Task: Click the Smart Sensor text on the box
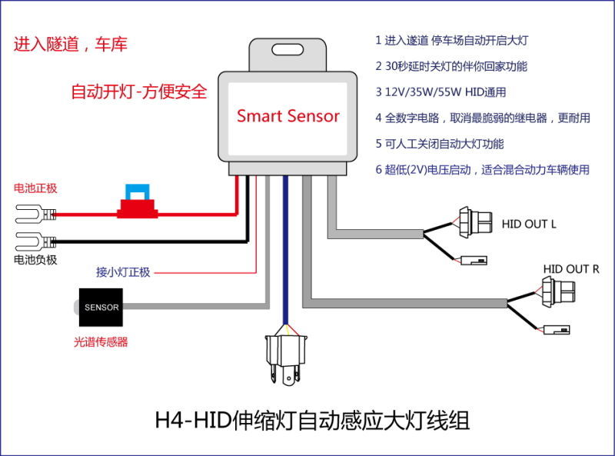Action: click(x=288, y=116)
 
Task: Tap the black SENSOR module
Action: click(x=101, y=307)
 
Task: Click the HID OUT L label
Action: click(x=528, y=224)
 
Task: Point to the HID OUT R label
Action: click(x=571, y=268)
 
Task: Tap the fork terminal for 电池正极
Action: click(x=30, y=215)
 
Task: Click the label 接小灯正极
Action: click(x=123, y=272)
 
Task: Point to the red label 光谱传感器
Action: click(x=101, y=341)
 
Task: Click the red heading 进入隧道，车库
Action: click(x=70, y=45)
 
